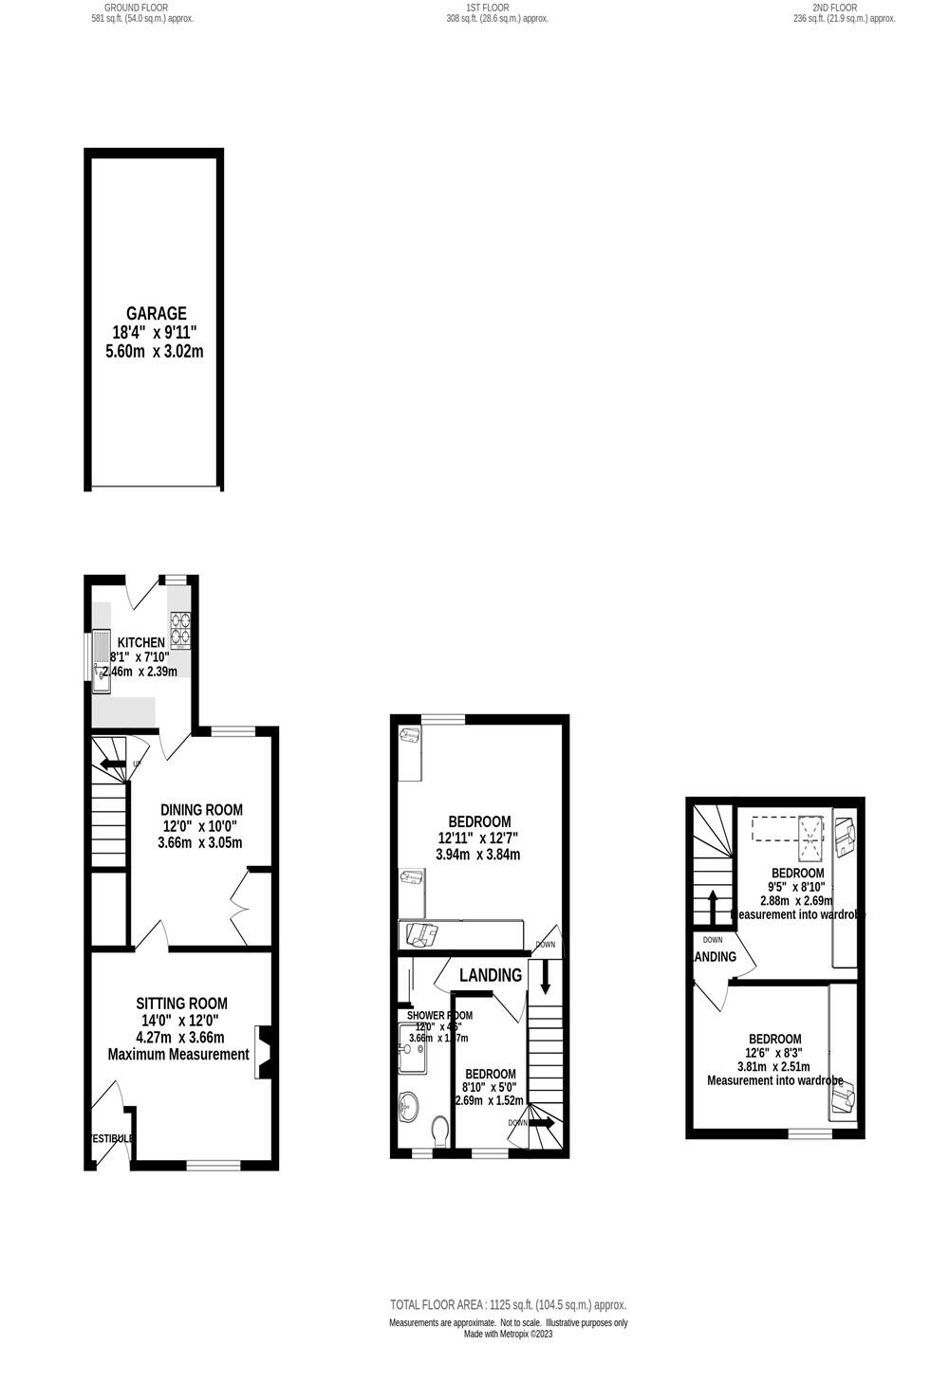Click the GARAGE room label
pos(157,313)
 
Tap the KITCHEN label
pos(140,642)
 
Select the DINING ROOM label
pos(201,809)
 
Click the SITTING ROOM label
pos(181,1003)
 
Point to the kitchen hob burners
pos(180,628)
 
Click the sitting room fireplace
pos(263,1052)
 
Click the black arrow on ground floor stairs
pos(112,764)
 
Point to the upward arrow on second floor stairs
pos(712,903)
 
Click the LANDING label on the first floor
pos(491,975)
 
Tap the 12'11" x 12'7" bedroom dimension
pos(478,838)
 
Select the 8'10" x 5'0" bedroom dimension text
pos(489,1087)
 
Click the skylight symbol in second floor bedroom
pos(811,830)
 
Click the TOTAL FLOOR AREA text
pos(508,1305)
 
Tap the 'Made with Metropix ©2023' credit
pos(508,1335)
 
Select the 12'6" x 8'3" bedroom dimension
pos(774,1052)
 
